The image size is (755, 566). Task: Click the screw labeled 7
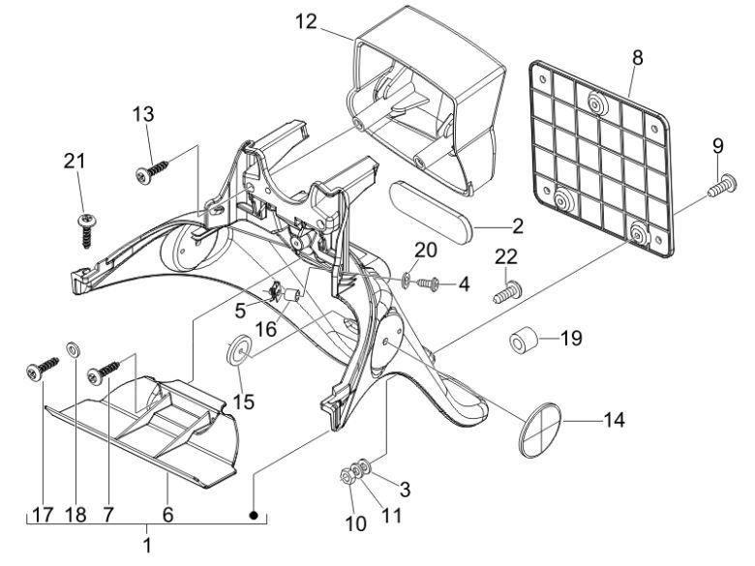(106, 371)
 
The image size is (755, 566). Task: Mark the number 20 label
(426, 250)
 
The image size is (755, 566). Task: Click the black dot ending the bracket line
(254, 517)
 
